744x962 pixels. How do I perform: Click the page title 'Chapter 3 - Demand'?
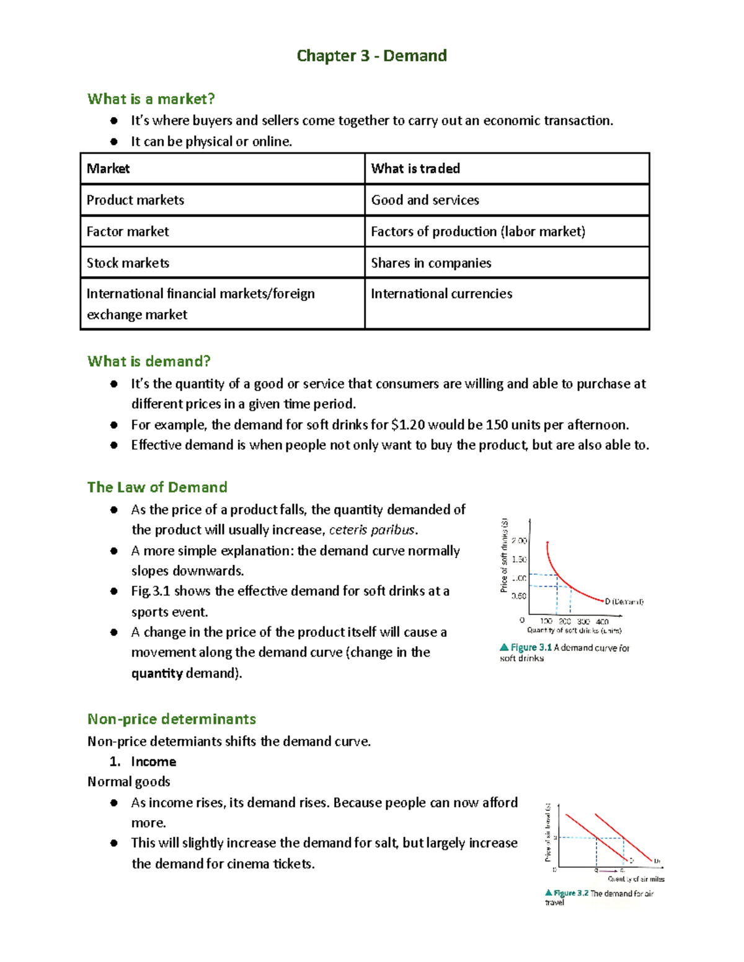371,56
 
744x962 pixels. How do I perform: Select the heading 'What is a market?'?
151,99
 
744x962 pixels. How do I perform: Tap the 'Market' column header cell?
108,168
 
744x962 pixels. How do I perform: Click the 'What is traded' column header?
415,168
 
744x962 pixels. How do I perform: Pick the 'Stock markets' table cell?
128,263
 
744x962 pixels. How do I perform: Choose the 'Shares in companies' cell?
431,263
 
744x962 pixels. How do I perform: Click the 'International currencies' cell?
441,294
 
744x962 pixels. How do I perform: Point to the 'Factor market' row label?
128,232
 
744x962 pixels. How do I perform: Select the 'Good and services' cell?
425,200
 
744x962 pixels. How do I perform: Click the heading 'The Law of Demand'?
157,487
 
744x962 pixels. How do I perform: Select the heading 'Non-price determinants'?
172,719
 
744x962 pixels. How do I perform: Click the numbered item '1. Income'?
143,762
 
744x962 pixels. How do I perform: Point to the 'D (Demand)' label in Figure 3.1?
624,601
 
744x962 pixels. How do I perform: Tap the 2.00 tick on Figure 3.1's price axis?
519,541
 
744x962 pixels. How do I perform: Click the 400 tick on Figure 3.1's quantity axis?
602,621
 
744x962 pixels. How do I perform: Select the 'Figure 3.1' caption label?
531,647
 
